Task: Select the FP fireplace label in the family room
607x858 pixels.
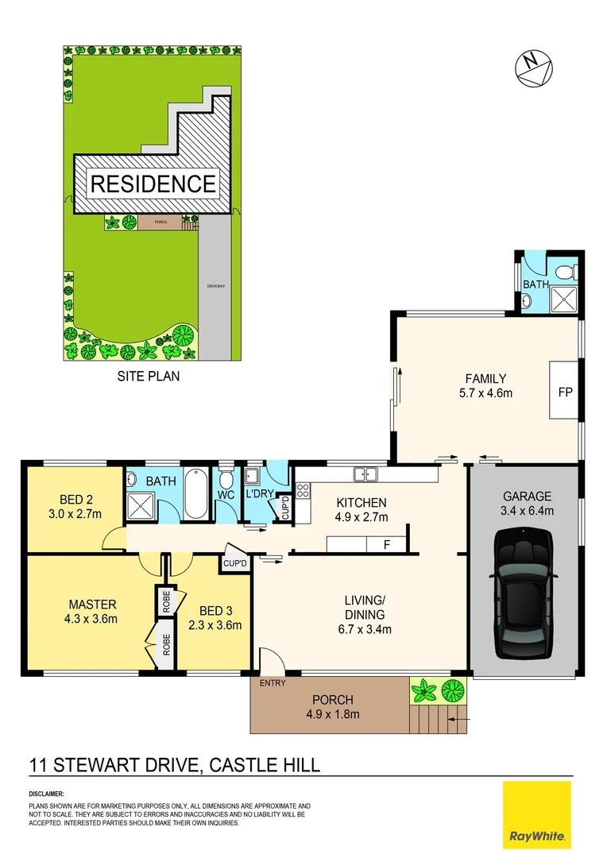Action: [566, 393]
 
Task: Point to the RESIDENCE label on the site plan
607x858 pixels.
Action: [153, 184]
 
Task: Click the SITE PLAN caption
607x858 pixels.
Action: [149, 377]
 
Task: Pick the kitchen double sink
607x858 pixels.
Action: [366, 474]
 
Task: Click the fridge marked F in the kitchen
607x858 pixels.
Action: [387, 546]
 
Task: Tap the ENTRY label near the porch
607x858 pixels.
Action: [273, 682]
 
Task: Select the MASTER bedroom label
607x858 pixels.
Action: [92, 604]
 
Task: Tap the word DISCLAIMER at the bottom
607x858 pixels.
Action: [47, 794]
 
